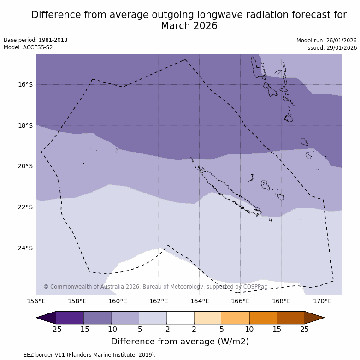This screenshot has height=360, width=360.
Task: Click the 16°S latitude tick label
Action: (x=25, y=84)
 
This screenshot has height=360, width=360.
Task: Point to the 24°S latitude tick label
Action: (x=25, y=248)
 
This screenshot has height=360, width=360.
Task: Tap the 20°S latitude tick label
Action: (x=25, y=166)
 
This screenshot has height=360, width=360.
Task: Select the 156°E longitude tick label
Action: (x=36, y=301)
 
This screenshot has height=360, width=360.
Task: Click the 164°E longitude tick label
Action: (x=200, y=301)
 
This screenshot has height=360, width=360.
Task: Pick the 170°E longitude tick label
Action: (x=322, y=301)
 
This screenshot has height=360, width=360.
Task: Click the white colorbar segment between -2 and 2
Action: (x=180, y=318)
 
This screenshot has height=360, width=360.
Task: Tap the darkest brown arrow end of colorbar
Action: (x=315, y=318)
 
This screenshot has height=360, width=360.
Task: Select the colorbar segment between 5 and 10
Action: (x=236, y=318)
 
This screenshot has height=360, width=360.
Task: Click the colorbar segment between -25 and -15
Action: (x=70, y=318)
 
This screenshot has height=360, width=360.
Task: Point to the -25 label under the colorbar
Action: (x=56, y=329)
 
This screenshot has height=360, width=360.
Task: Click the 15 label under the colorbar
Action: (x=277, y=329)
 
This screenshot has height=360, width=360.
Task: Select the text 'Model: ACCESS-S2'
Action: (x=28, y=47)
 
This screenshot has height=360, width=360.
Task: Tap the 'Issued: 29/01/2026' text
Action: (x=331, y=47)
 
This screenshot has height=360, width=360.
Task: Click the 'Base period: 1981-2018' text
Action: (x=35, y=40)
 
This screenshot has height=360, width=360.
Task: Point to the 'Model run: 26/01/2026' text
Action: (x=326, y=40)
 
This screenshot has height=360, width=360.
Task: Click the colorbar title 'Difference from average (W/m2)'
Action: (x=180, y=342)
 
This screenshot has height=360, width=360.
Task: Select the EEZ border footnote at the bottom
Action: (x=80, y=355)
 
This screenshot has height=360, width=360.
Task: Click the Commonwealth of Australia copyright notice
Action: (x=155, y=287)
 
